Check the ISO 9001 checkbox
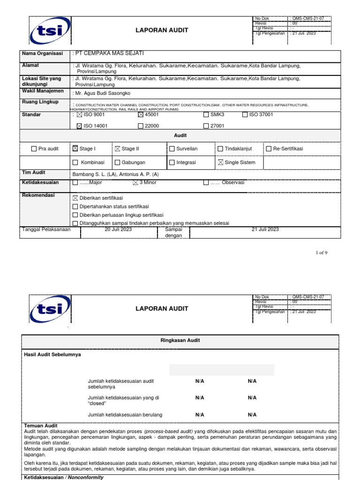pos(79,114)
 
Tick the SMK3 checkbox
pos(206,114)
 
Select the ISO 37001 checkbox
pos(245,114)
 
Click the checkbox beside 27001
pos(206,126)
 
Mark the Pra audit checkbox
pos(33,149)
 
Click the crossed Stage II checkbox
pos(118,149)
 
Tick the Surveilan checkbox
pos(172,149)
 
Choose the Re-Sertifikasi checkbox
pos(269,149)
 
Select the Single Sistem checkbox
pos(220,163)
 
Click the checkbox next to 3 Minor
pos(135,183)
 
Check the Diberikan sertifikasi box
pos(75,198)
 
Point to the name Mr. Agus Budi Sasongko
pos(103,93)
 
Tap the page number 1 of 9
pos(322,253)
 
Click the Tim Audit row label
pos(34,172)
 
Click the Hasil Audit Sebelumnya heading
pos(52,355)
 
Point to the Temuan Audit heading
pos(41,426)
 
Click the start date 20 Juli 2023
pos(118,230)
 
